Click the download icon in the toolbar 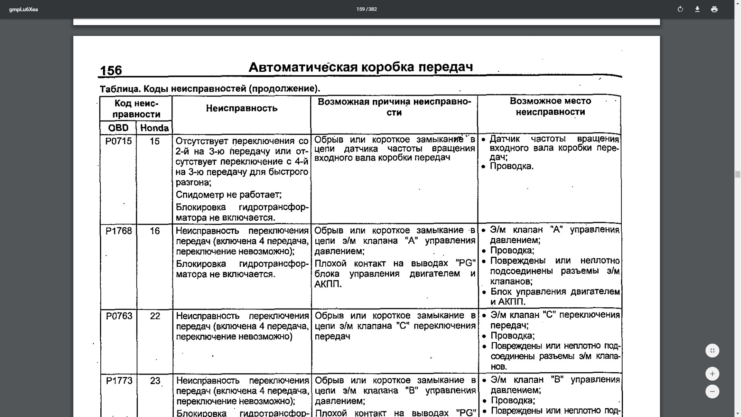coord(697,9)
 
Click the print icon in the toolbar coord(714,9)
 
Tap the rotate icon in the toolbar coord(680,9)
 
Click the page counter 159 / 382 coord(366,9)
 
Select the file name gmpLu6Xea coord(24,10)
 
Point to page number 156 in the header coord(111,70)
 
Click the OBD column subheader coord(118,128)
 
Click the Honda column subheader coord(154,128)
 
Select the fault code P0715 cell coord(118,141)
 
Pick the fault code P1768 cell coord(118,231)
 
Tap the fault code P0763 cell coord(119,316)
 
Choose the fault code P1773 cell coord(119,381)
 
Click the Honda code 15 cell coord(154,141)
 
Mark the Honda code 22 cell coord(155,316)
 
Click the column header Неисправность coord(242,108)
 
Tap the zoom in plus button coord(712,374)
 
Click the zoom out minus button coord(712,392)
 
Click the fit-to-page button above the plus coord(712,351)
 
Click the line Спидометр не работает coord(228,195)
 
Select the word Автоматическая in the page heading coord(303,67)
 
